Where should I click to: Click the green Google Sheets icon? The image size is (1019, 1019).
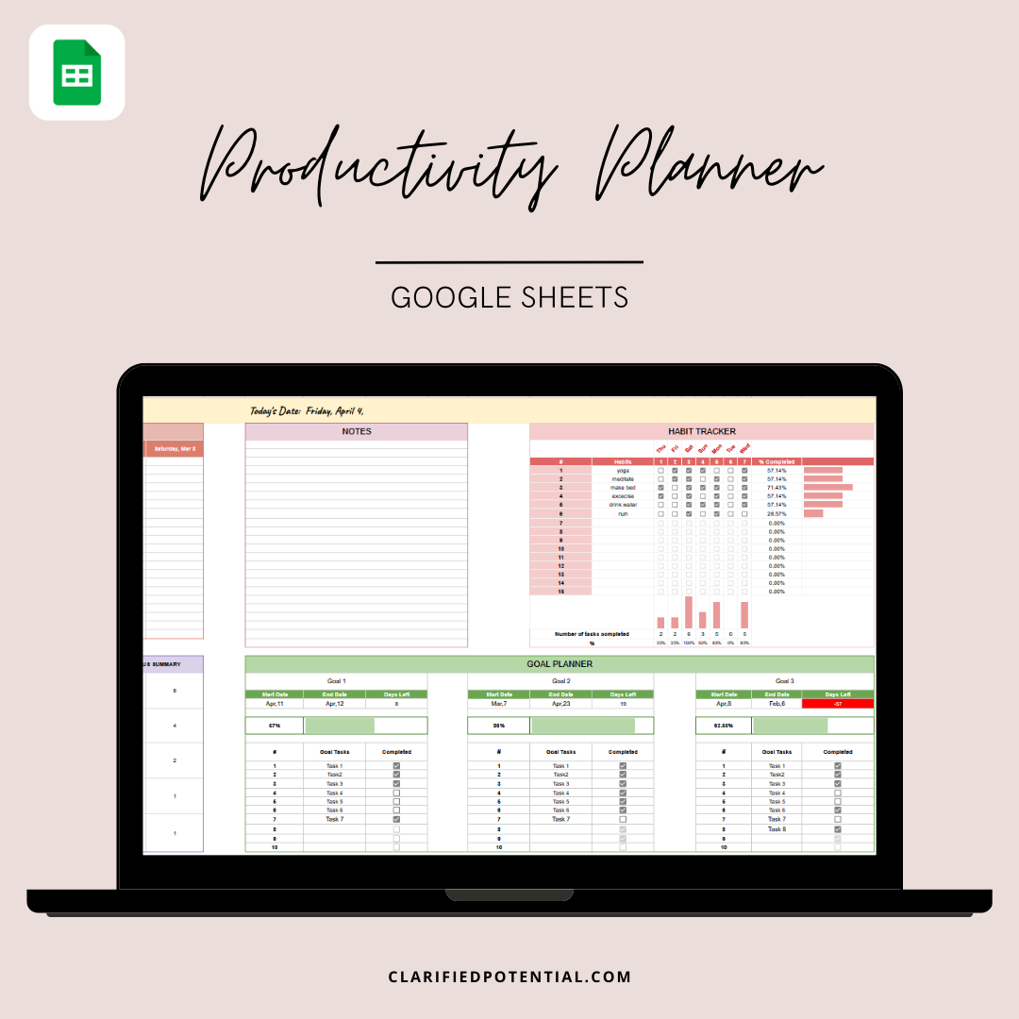76,73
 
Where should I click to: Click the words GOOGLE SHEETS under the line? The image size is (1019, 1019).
509,297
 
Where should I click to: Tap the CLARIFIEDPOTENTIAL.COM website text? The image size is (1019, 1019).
509,977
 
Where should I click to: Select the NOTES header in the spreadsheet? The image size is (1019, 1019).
357,431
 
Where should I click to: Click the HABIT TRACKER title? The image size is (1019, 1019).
702,431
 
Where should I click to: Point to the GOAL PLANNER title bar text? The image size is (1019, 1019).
560,664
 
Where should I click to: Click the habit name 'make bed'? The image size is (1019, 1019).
623,488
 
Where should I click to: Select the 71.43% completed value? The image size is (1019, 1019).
776,488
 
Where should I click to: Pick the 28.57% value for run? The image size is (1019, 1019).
776,513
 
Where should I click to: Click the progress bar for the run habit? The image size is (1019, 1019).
813,513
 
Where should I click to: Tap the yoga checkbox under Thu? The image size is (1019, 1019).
660,471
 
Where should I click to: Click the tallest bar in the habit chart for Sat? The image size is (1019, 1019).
689,612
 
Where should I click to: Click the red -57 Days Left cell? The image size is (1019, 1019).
838,704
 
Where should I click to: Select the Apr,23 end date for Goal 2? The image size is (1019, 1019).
560,704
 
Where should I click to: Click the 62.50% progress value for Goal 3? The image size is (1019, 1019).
724,726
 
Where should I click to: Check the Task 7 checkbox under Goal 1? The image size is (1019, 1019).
396,819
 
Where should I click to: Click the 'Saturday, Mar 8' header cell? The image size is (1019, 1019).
175,449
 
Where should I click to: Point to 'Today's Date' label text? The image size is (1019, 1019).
276,410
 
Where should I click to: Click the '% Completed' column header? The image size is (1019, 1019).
777,461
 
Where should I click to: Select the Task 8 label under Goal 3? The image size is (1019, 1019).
777,828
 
